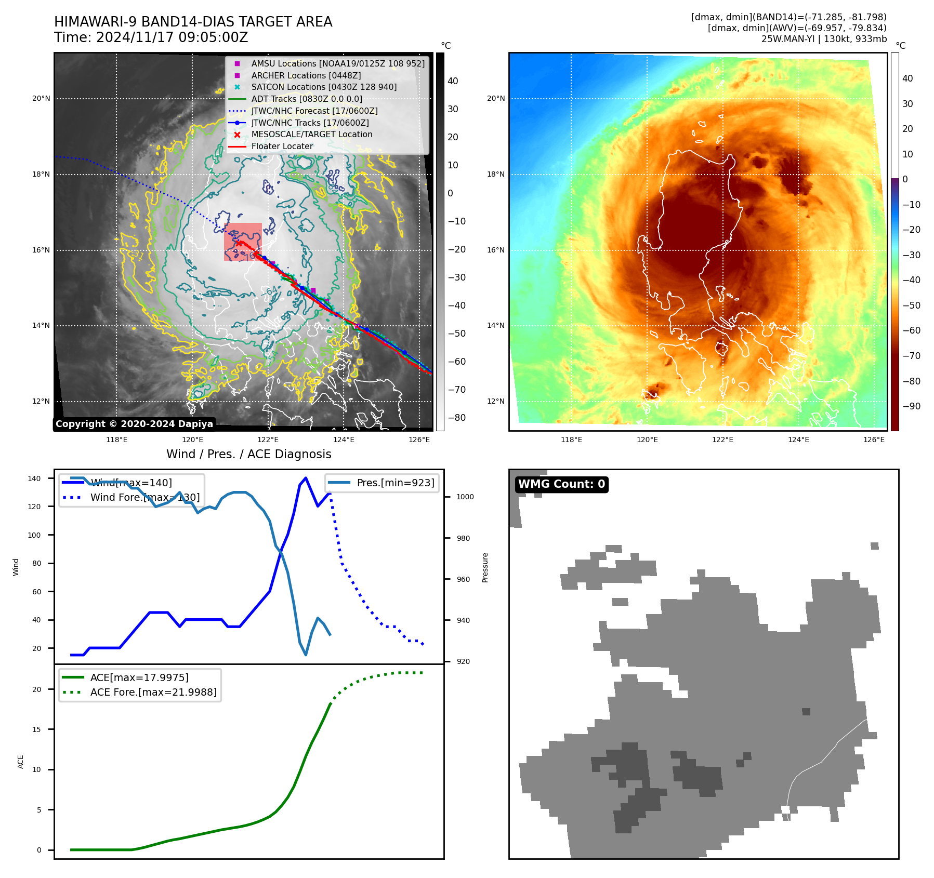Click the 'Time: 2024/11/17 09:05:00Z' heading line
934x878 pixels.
pyautogui.click(x=151, y=38)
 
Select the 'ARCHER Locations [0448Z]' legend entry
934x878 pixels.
pyautogui.click(x=306, y=75)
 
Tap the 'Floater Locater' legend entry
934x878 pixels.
pyautogui.click(x=282, y=147)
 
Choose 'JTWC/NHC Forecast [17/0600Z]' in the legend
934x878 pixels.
pyautogui.click(x=314, y=111)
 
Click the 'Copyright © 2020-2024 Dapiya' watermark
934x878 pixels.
pyautogui.click(x=134, y=424)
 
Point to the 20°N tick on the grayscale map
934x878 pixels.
pyautogui.click(x=42, y=99)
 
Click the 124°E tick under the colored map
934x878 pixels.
pyautogui.click(x=798, y=440)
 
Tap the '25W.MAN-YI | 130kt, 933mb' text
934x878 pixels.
pyautogui.click(x=824, y=39)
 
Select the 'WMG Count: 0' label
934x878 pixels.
pyautogui.click(x=561, y=484)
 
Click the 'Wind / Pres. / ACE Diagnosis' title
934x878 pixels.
pyautogui.click(x=248, y=454)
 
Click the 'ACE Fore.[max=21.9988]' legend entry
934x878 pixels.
pyautogui.click(x=153, y=692)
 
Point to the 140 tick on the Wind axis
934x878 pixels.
pyautogui.click(x=34, y=478)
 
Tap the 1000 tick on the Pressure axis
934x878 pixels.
pyautogui.click(x=465, y=497)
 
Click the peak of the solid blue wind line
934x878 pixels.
pyautogui.click(x=306, y=478)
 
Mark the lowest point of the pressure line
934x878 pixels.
pyautogui.click(x=306, y=655)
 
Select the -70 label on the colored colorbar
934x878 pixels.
pyautogui.click(x=911, y=356)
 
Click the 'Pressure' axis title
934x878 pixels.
pyautogui.click(x=485, y=567)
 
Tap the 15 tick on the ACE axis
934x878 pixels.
pyautogui.click(x=37, y=729)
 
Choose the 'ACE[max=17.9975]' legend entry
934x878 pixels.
pyautogui.click(x=139, y=677)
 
